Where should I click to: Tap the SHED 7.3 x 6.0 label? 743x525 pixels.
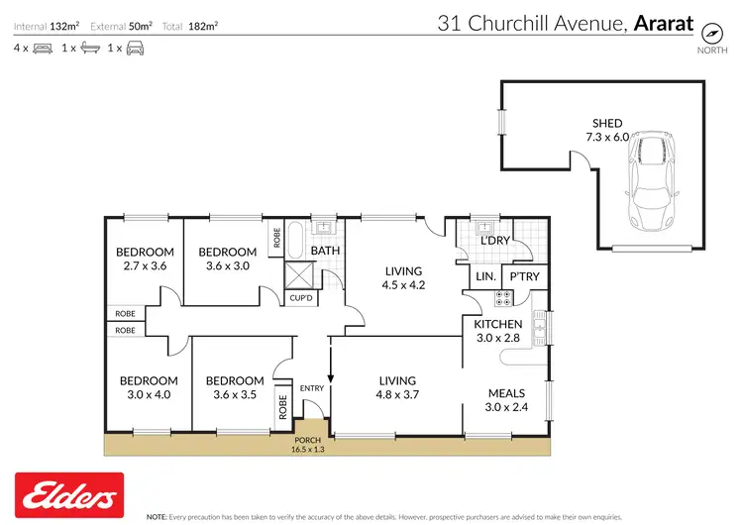coord(607,131)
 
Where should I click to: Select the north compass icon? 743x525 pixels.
coord(709,29)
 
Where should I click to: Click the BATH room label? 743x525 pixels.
coord(325,251)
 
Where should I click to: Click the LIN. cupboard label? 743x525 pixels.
coord(485,277)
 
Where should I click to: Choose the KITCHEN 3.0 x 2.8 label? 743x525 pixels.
coord(497,331)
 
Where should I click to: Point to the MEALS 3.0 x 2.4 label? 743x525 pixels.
coord(505,400)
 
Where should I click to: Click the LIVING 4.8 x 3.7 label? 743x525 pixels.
coord(396,387)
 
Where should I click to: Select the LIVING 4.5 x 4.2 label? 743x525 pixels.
coord(403,277)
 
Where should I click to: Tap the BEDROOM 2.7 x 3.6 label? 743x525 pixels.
coord(145,259)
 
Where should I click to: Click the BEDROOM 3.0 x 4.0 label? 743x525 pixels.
coord(149,387)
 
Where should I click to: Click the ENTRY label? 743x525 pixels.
coord(312,387)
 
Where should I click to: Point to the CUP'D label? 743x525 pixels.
coord(300,297)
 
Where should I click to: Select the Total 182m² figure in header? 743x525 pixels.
coord(195,25)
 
